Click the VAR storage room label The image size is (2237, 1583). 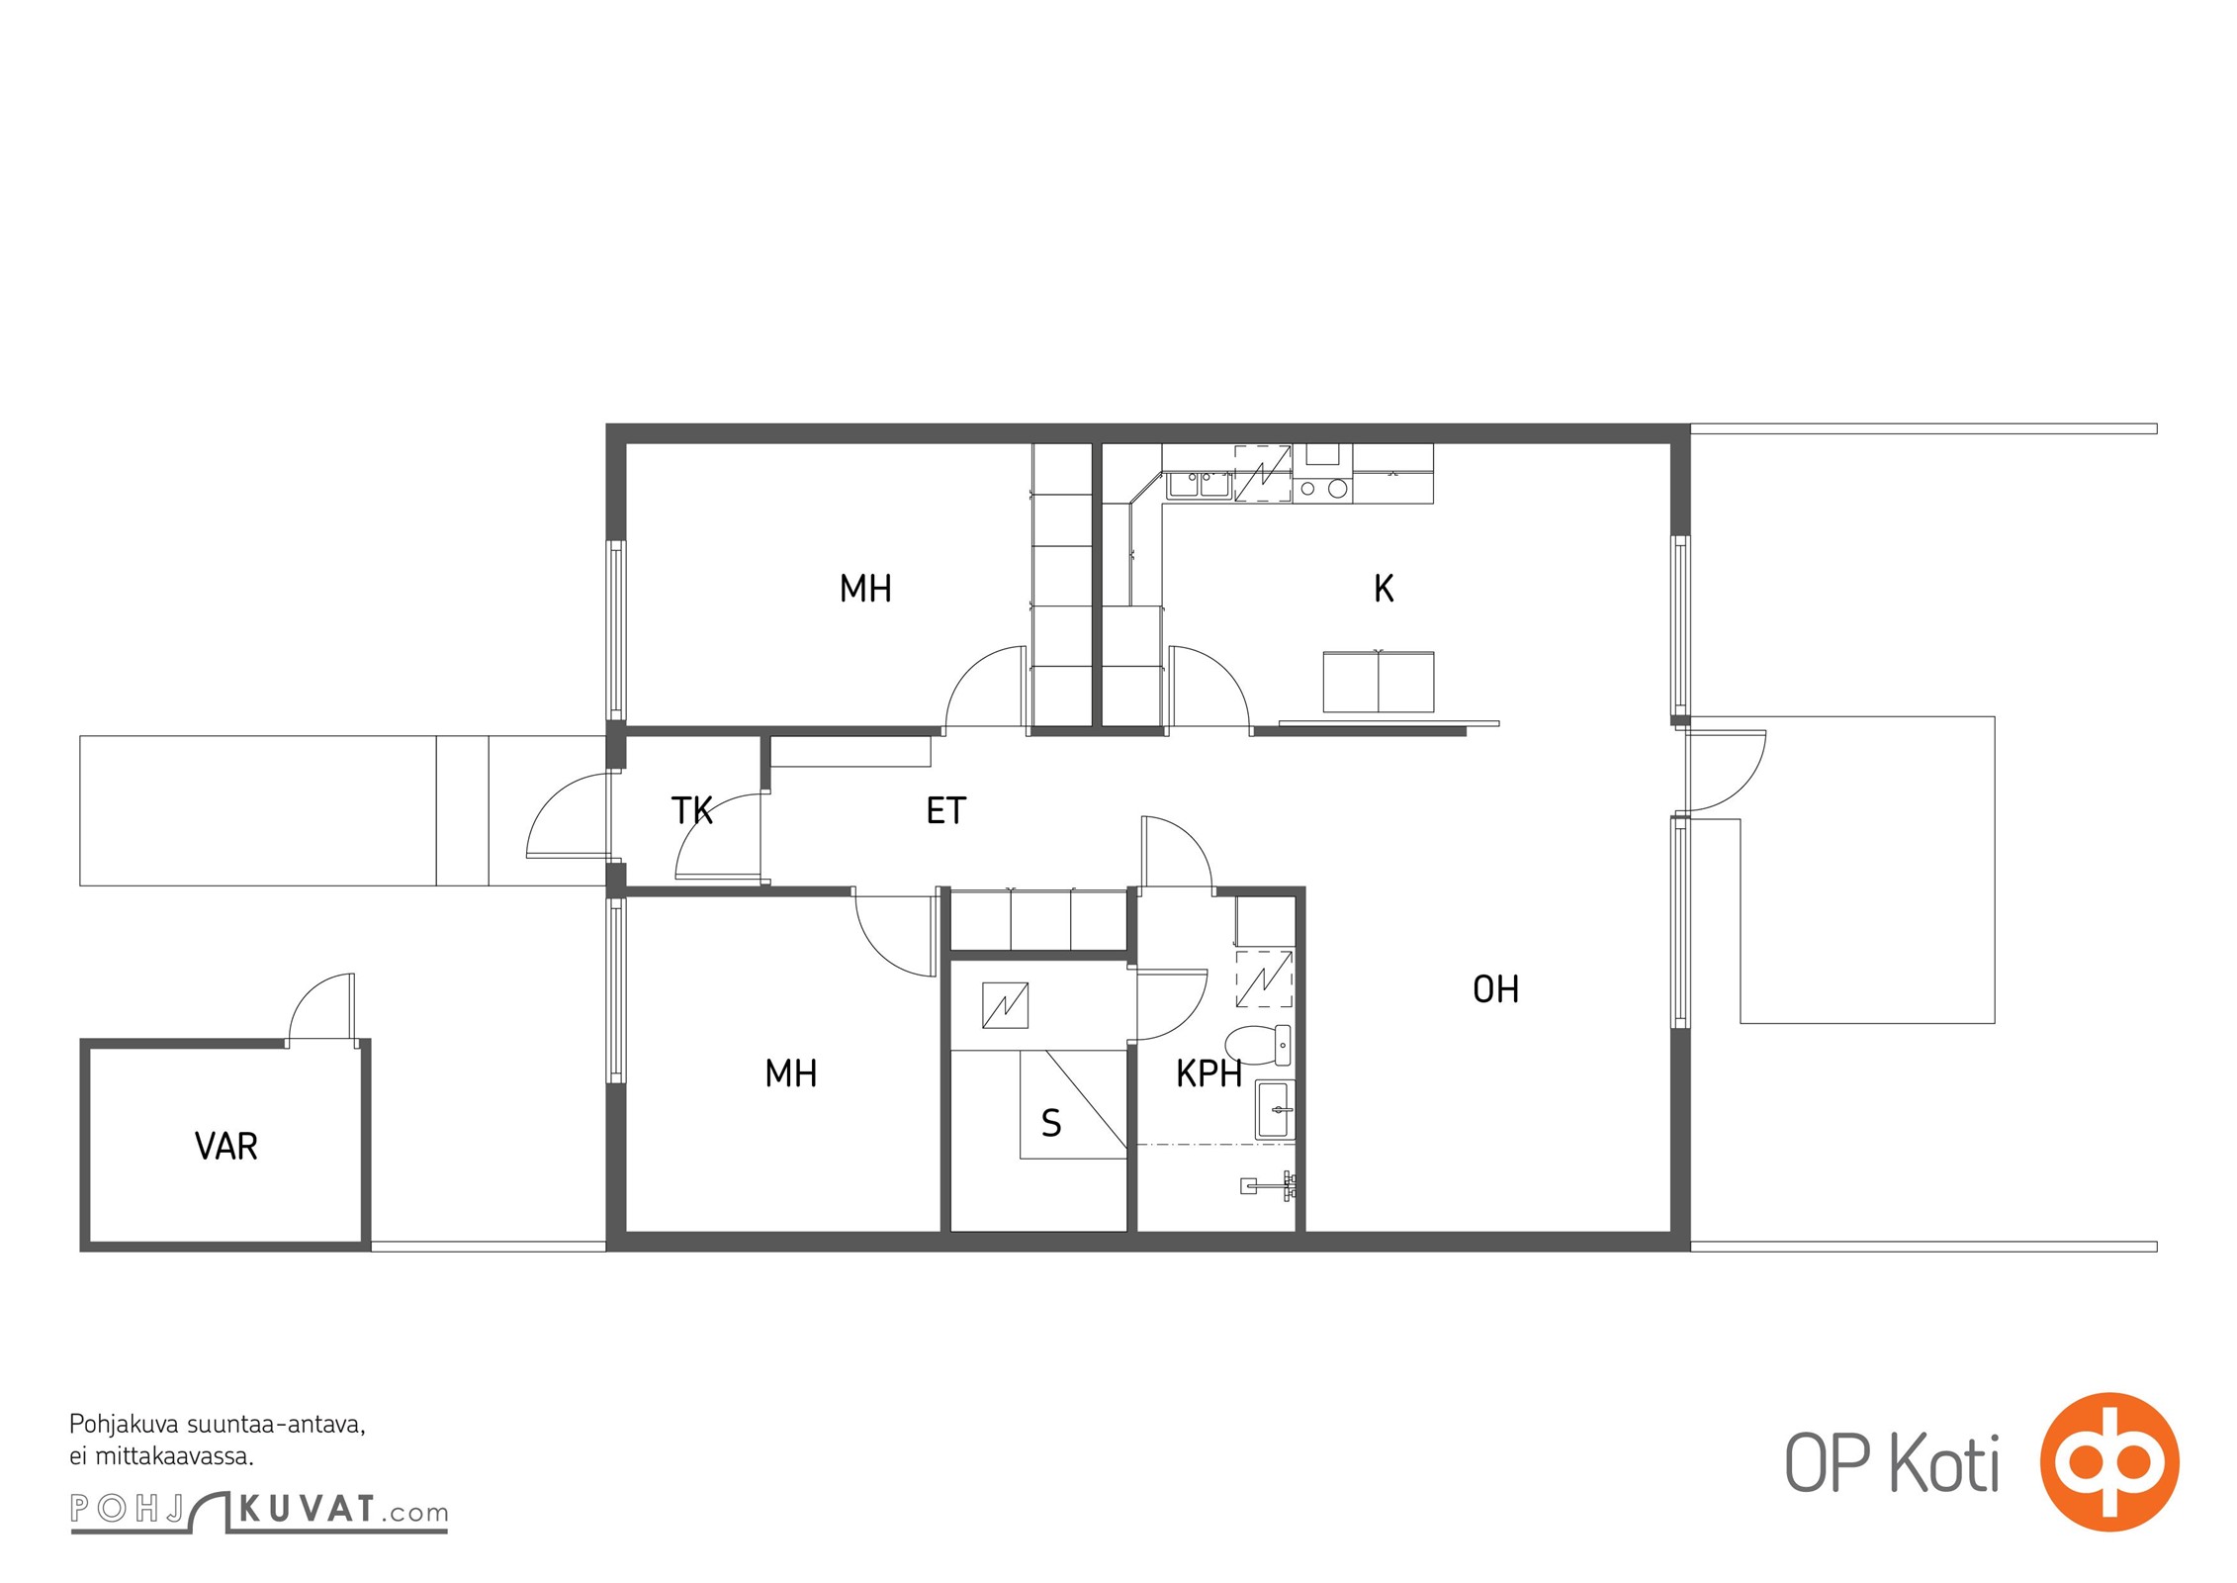coord(226,1146)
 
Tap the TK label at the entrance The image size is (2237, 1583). coord(692,810)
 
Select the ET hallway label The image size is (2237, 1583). coord(945,810)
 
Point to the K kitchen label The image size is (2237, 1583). coord(1384,589)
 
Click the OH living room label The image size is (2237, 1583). coord(1495,989)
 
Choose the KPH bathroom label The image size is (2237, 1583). coord(1208,1073)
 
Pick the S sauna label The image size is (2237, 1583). coord(1051,1123)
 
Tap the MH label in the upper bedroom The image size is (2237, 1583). coord(865,589)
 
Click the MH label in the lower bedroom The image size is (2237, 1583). coord(791,1073)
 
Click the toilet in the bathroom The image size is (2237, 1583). coord(1258,1045)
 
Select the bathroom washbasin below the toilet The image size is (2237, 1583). coord(1275,1110)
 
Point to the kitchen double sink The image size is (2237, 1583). coord(1199,485)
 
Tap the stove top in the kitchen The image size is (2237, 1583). coord(1323,487)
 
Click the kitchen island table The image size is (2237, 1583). coord(1379,682)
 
